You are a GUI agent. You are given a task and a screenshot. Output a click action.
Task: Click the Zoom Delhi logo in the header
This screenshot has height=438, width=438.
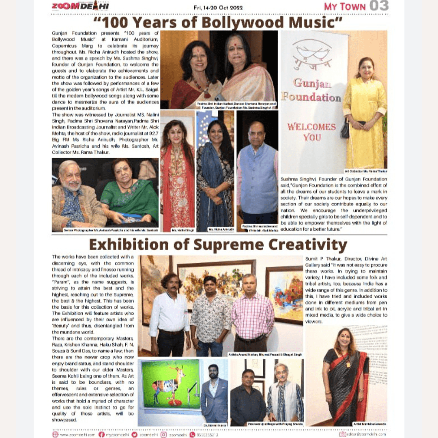(80, 6)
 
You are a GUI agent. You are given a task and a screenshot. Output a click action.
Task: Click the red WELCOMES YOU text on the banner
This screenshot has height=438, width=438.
(312, 132)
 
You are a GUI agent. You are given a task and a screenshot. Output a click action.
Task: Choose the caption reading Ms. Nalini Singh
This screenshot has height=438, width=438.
(178, 230)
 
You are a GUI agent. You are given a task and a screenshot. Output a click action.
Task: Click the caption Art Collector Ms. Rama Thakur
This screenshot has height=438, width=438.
(365, 171)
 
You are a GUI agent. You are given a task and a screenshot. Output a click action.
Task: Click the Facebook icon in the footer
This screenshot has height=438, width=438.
(101, 434)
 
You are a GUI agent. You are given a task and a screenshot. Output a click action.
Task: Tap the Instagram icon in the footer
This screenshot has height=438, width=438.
(163, 434)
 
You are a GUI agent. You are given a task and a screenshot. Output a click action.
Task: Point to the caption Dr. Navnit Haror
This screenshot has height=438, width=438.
(215, 425)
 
